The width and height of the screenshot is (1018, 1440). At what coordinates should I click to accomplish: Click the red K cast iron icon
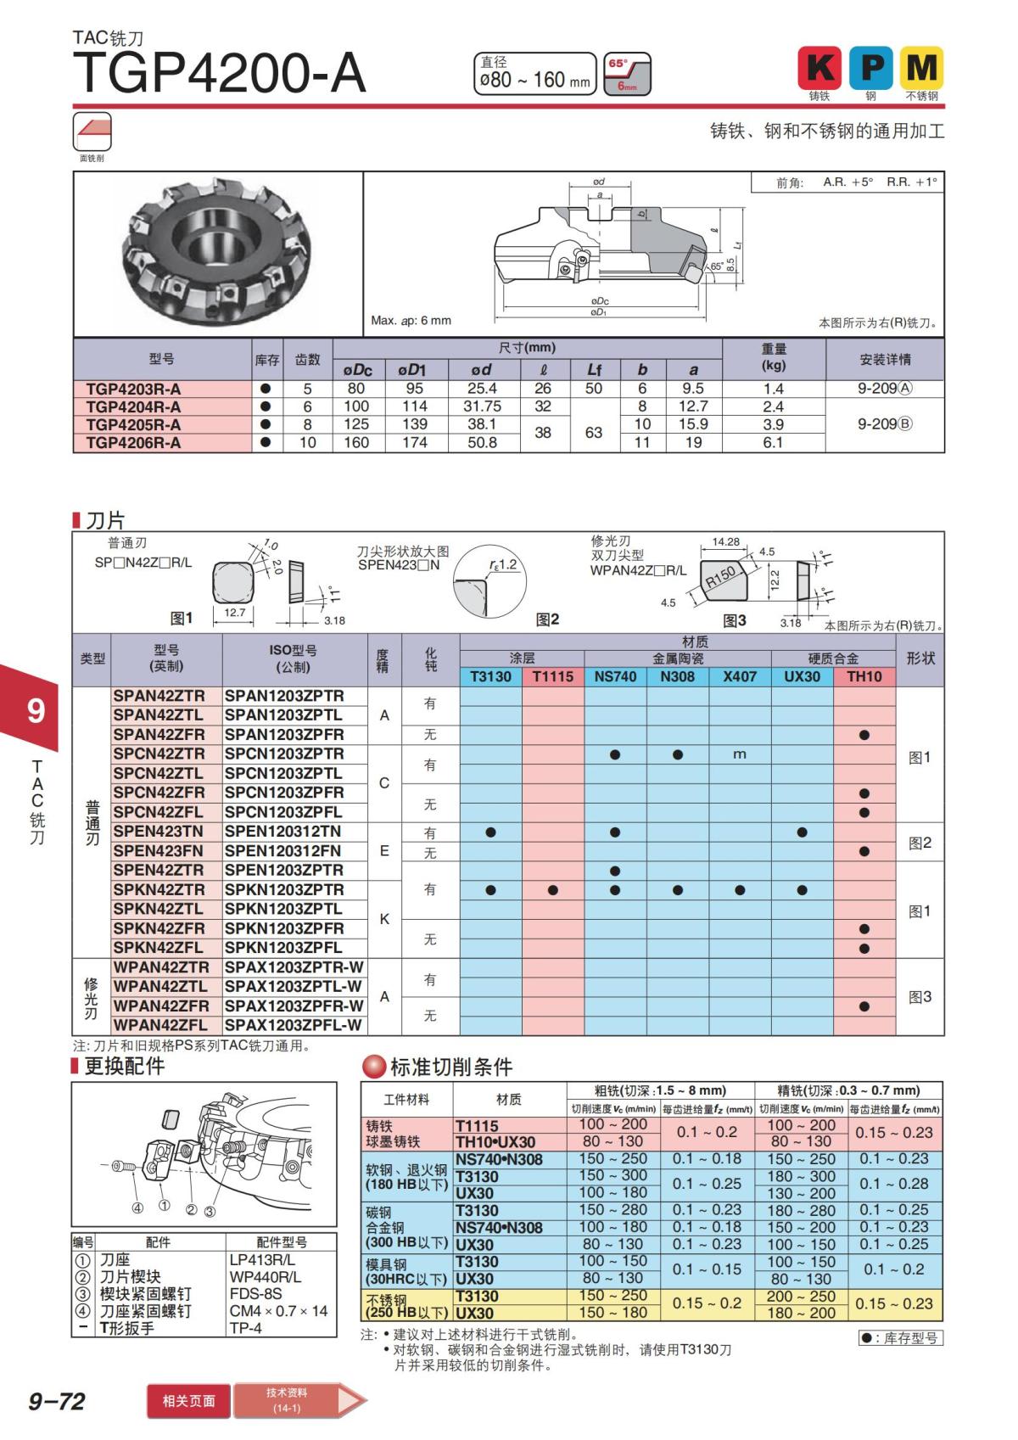point(819,68)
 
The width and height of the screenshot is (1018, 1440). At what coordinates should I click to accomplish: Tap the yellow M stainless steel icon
point(921,68)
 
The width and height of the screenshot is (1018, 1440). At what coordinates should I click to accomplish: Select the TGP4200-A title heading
point(220,74)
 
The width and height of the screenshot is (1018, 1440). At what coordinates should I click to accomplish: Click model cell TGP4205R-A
point(133,424)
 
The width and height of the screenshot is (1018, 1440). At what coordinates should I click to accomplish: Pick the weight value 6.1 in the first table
point(773,443)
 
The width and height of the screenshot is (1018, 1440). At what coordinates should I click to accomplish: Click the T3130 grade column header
point(490,676)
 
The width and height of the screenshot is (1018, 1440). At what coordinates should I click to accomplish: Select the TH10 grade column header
point(864,676)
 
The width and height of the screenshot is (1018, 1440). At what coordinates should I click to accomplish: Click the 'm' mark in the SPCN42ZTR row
point(739,754)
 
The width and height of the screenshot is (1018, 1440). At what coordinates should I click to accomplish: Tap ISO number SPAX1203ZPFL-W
point(294,1025)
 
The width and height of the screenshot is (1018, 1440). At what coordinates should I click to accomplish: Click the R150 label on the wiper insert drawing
point(720,578)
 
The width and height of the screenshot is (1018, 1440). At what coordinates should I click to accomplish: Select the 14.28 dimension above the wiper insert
point(725,541)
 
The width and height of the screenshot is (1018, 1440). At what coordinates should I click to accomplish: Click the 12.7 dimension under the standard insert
point(235,613)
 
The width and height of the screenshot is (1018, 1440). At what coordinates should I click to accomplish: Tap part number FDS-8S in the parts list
point(255,1294)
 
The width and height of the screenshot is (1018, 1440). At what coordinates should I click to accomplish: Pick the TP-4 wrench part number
point(245,1328)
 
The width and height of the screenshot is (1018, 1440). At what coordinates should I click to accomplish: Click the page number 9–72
point(57,1401)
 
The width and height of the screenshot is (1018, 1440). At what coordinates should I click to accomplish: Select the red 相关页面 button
point(188,1401)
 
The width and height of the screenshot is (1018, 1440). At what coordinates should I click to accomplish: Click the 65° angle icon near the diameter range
point(627,74)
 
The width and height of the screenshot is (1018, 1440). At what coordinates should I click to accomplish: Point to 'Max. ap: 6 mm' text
point(411,321)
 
